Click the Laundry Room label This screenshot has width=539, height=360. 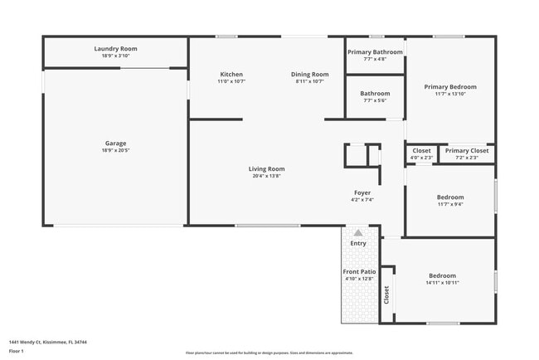[x=115, y=49]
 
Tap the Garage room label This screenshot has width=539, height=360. [x=115, y=144]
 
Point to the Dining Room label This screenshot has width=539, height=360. [x=308, y=75]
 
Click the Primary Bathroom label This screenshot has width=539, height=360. [x=375, y=52]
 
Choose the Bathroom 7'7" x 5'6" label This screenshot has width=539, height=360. [x=375, y=94]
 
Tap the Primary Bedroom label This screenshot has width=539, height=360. [x=450, y=87]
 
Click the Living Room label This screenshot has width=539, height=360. [x=266, y=169]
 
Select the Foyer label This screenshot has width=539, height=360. [x=362, y=192]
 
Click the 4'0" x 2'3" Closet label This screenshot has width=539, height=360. [x=421, y=151]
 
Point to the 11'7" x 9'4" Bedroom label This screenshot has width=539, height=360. [x=450, y=197]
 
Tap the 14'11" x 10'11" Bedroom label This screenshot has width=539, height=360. [x=442, y=276]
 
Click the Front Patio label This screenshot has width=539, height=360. [x=359, y=272]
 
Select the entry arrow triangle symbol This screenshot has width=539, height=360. [x=358, y=233]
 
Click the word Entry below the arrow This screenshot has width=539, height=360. [x=358, y=244]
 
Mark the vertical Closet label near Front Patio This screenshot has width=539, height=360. [x=386, y=295]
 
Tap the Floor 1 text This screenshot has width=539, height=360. [x=17, y=351]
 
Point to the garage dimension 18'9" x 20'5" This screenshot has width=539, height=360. [x=115, y=151]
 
